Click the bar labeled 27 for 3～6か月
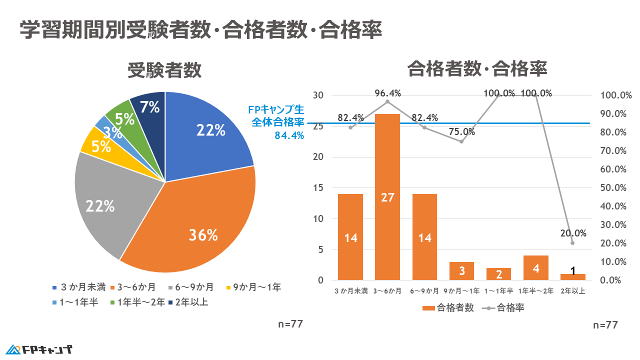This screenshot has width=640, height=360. pos(387,197)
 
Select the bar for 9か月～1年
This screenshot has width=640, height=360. pos(461,270)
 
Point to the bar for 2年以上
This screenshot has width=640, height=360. pos(572,276)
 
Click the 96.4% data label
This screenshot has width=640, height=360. pos(388,93)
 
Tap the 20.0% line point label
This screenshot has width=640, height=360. pos(573,232)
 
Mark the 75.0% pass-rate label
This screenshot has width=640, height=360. pos(462,132)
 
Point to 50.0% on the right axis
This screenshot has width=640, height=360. pos(613,188)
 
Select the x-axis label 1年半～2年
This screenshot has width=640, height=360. pos(535,291)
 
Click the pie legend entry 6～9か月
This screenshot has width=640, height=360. pos(192,287)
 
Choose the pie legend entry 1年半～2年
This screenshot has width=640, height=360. pos(138,301)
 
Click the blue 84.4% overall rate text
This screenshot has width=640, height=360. pos(289,135)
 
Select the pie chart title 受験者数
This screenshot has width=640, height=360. pos(164,70)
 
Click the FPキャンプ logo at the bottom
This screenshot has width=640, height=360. pos(40,349)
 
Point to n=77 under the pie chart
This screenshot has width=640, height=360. pos(290,324)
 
